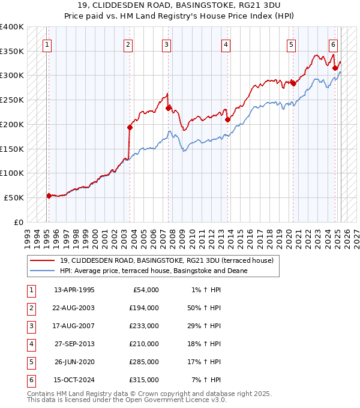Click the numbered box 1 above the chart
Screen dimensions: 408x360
click(47, 44)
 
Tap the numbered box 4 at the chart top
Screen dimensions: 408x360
click(226, 44)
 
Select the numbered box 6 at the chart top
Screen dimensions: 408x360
click(333, 44)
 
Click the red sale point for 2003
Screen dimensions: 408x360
click(130, 127)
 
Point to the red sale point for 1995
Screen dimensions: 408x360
click(49, 196)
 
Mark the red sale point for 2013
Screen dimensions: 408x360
click(228, 119)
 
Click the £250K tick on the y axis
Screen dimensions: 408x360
click(12, 100)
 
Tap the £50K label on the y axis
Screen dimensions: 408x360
click(14, 197)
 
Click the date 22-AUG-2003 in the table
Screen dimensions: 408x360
click(74, 308)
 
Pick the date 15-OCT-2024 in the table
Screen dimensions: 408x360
click(74, 380)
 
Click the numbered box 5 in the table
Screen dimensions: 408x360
click(31, 362)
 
